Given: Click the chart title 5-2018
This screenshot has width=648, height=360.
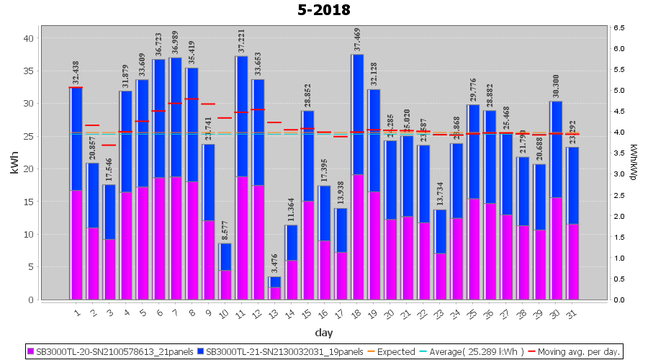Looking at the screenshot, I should coord(324,10).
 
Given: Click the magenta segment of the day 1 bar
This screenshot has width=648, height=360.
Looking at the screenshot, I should coord(76,245).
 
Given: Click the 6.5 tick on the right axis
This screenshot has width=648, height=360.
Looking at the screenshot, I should coord(619,27).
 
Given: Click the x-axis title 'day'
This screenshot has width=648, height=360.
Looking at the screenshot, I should coord(323,333).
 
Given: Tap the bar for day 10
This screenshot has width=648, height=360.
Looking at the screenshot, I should coord(225,271).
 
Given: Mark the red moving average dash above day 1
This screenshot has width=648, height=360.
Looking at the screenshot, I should coord(76,88).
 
